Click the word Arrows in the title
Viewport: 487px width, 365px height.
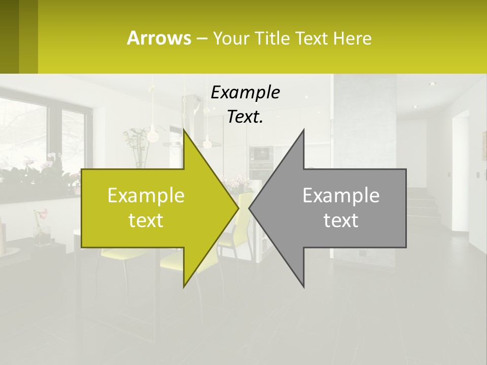[159, 38]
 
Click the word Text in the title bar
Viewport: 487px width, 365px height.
[312, 38]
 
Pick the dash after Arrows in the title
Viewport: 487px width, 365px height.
[201, 39]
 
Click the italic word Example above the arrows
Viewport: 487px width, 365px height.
[245, 92]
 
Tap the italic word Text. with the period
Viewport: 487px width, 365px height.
[245, 117]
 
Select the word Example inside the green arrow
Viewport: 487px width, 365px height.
[146, 196]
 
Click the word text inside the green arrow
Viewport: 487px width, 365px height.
[146, 221]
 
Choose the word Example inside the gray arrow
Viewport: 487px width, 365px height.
[341, 196]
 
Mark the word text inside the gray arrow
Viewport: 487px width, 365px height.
[341, 221]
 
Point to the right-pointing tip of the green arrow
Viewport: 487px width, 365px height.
[237, 208]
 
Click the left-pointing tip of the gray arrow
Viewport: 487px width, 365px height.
[250, 208]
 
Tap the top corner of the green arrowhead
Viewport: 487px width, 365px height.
[184, 131]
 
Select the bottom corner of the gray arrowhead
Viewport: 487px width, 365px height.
[303, 286]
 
